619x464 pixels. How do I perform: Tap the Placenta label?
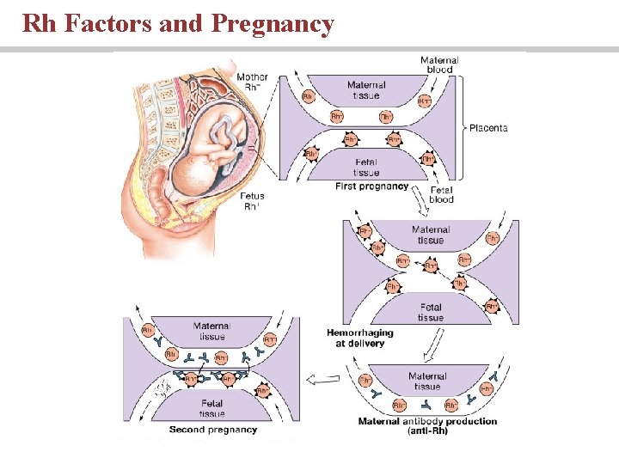488,128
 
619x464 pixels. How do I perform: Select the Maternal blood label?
439,64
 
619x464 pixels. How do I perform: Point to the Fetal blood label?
441,194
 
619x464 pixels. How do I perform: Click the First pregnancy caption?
371,186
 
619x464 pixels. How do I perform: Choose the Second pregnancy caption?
213,430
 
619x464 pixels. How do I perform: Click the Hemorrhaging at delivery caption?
360,338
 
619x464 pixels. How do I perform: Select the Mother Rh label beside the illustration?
252,81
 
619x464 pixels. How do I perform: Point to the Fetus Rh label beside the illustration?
252,201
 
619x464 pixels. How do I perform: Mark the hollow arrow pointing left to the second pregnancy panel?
324,378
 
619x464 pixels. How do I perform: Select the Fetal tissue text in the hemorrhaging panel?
431,312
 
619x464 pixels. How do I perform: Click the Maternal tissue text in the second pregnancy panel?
211,331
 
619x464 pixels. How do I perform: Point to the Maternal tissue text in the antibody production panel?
427,381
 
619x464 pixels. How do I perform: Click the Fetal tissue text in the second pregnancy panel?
211,408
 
